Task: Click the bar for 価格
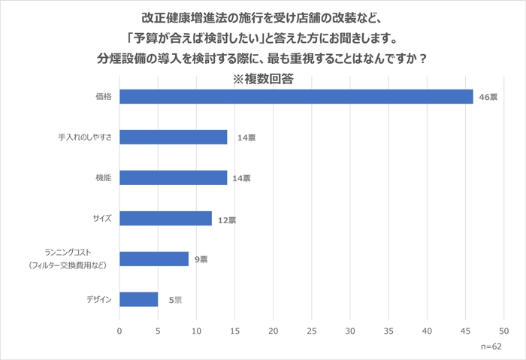tap(296, 97)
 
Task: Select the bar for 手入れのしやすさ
tap(173, 137)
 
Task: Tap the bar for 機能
tap(173, 177)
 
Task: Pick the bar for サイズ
tap(165, 218)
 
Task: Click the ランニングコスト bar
tap(154, 259)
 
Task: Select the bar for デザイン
tap(138, 299)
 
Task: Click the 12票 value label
tap(227, 220)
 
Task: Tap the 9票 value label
tap(201, 259)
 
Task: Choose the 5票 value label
tap(175, 300)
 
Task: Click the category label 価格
tap(103, 97)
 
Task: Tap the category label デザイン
tap(98, 299)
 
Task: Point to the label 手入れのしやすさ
tap(84, 138)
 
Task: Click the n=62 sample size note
tap(491, 346)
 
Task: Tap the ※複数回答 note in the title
tap(262, 77)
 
